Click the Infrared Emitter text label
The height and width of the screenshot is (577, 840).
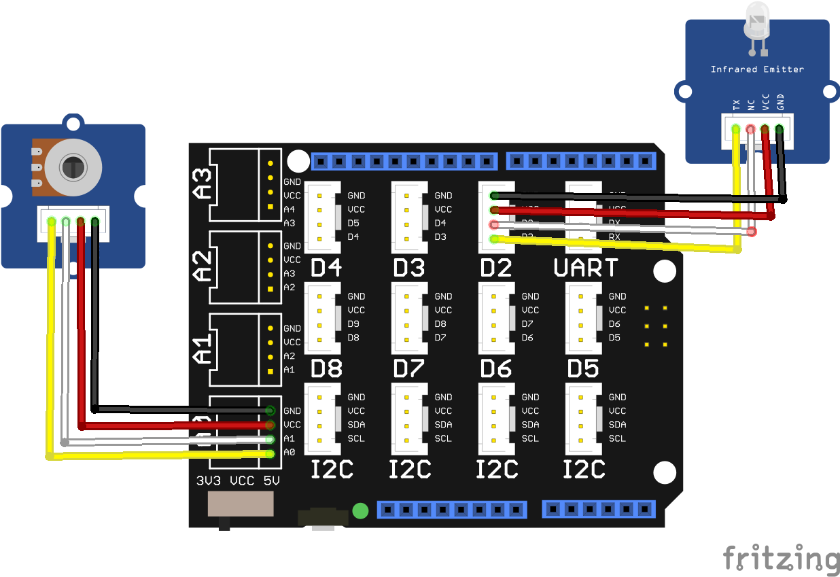(x=757, y=69)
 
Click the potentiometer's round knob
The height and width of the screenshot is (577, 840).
(x=73, y=165)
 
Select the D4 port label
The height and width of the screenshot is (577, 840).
(x=326, y=268)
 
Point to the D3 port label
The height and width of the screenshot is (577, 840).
(x=409, y=268)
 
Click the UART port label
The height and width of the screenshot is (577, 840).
(x=586, y=268)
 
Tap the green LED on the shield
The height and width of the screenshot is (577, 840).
(x=361, y=510)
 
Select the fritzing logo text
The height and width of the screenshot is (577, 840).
(x=781, y=559)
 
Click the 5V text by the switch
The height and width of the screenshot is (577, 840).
(x=272, y=481)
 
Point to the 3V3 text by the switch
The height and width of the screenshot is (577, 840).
(x=209, y=481)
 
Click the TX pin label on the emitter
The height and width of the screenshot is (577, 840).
(x=736, y=105)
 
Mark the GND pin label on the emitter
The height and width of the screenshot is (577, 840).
(x=780, y=102)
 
